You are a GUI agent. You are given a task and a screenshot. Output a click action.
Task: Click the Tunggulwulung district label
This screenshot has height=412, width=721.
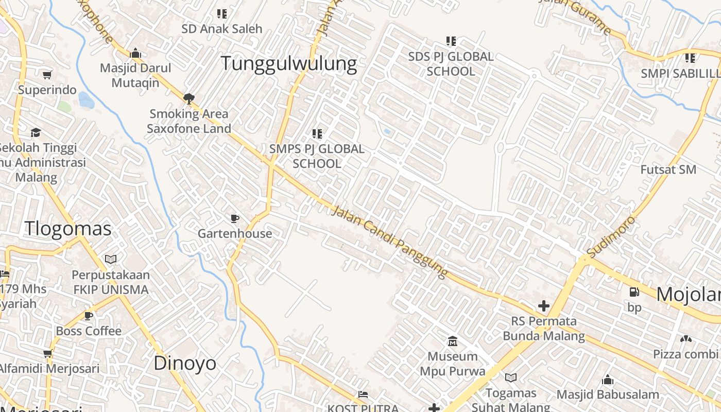[289, 63]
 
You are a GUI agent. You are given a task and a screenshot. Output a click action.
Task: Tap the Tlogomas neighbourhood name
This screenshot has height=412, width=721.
[68, 228]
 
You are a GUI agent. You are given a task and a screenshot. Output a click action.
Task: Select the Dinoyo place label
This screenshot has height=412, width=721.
[185, 363]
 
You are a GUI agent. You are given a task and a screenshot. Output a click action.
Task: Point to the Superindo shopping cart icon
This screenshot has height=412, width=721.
[47, 75]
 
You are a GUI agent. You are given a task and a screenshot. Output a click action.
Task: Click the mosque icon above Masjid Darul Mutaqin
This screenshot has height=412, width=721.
[135, 53]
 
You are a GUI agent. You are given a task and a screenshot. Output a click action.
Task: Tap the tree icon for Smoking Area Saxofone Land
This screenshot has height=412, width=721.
[189, 98]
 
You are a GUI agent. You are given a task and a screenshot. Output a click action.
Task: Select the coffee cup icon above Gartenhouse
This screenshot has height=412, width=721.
[235, 219]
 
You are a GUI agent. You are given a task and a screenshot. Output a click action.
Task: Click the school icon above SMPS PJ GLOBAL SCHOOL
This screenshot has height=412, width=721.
[317, 134]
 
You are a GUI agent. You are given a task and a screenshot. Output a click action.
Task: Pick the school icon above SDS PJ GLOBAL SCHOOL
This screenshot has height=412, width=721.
[451, 41]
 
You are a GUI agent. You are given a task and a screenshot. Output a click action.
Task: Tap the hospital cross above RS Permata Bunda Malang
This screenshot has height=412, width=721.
[543, 306]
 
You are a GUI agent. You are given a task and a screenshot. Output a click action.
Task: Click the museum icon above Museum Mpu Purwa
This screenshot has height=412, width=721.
[453, 341]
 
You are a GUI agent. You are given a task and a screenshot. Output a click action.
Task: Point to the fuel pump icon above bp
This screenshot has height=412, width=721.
[634, 292]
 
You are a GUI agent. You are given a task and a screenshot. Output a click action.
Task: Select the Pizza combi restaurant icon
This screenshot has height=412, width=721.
[685, 339]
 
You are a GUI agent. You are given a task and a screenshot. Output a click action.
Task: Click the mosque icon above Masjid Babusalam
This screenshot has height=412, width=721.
[608, 380]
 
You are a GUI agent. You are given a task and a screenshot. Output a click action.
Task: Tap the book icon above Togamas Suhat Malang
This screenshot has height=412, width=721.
[511, 377]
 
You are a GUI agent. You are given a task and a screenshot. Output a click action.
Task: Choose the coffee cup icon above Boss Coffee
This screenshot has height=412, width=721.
[89, 316]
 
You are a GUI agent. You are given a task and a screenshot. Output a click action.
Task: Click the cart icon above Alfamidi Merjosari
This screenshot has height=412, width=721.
[48, 353]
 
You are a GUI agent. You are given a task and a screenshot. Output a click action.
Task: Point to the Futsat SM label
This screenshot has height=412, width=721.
[668, 169]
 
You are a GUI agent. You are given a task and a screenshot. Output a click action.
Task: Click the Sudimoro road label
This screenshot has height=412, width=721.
[611, 237]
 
